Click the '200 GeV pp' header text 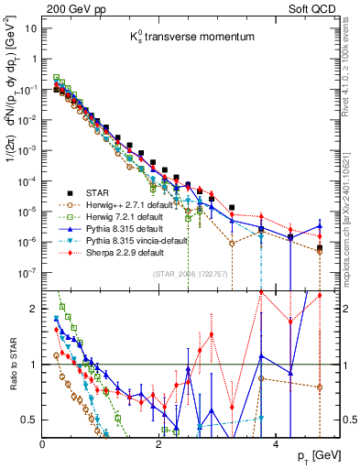70,7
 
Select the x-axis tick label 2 158,442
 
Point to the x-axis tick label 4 275,442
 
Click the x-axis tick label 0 43,442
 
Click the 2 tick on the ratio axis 36,309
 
